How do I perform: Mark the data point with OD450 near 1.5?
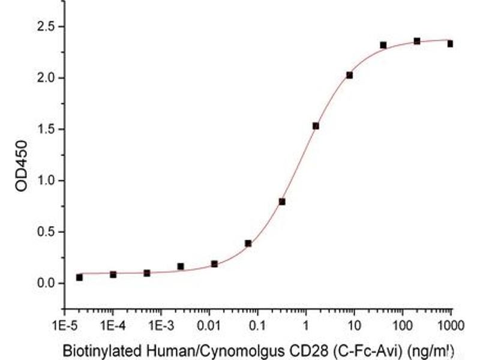click(x=316, y=125)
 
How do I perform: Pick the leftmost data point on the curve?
click(x=79, y=277)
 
